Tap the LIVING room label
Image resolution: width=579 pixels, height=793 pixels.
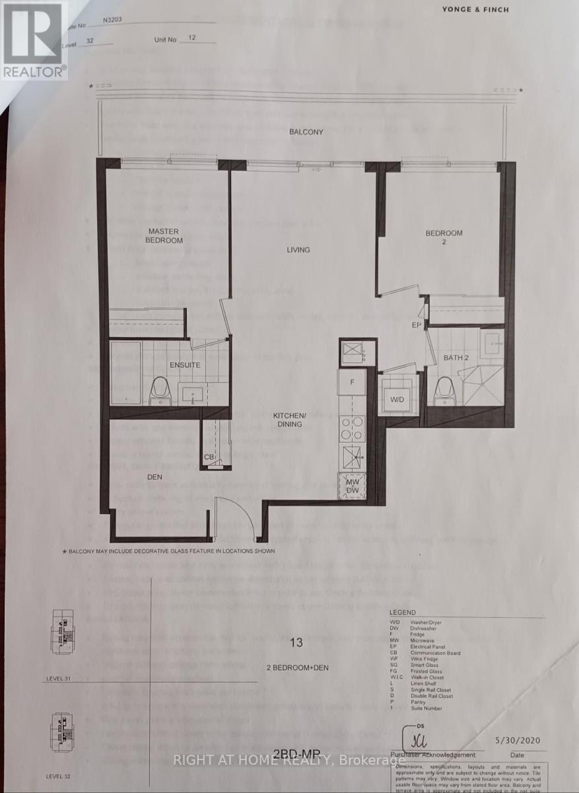[298, 250]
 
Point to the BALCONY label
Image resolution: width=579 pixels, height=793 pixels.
[306, 132]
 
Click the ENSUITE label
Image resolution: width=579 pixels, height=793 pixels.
[184, 364]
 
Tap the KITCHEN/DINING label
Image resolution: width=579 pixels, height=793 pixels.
[290, 419]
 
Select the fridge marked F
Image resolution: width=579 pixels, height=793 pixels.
[352, 383]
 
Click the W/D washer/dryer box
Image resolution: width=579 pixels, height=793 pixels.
[397, 399]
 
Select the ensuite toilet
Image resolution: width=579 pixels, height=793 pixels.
[160, 391]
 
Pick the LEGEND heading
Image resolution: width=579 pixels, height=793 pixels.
[403, 613]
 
